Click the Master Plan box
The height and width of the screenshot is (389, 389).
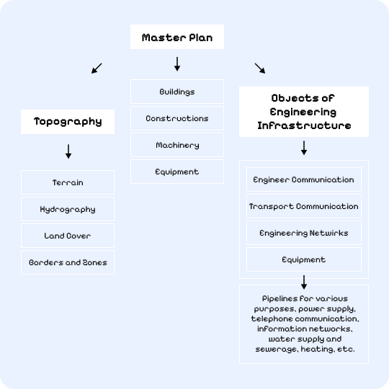pyautogui.click(x=176, y=37)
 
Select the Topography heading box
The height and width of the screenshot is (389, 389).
pyautogui.click(x=68, y=122)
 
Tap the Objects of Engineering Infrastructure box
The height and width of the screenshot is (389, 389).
pyautogui.click(x=303, y=112)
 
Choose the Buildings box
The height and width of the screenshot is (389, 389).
pyautogui.click(x=176, y=92)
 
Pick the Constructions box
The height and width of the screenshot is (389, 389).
pyautogui.click(x=176, y=119)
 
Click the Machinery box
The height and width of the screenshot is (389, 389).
pyautogui.click(x=176, y=146)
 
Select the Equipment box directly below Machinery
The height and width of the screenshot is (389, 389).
pyautogui.click(x=176, y=172)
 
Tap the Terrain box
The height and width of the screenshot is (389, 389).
pyautogui.click(x=68, y=183)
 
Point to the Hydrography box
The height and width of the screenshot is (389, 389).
pyautogui.click(x=68, y=210)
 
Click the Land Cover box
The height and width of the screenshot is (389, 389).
pyautogui.click(x=68, y=236)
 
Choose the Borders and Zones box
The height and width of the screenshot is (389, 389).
pyautogui.click(x=68, y=263)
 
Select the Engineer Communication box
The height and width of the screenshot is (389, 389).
pyautogui.click(x=303, y=180)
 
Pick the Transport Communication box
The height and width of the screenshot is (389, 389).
pyautogui.click(x=303, y=207)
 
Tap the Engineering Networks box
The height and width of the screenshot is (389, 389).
pyautogui.click(x=303, y=233)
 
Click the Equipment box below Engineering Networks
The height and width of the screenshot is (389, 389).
pyautogui.click(x=303, y=260)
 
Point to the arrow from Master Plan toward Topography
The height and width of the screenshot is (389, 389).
pyautogui.click(x=97, y=68)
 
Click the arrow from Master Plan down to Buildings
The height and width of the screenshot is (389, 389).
pyautogui.click(x=176, y=65)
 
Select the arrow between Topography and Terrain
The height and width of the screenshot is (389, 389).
pyautogui.click(x=68, y=151)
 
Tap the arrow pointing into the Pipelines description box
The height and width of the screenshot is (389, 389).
pyautogui.click(x=304, y=282)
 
